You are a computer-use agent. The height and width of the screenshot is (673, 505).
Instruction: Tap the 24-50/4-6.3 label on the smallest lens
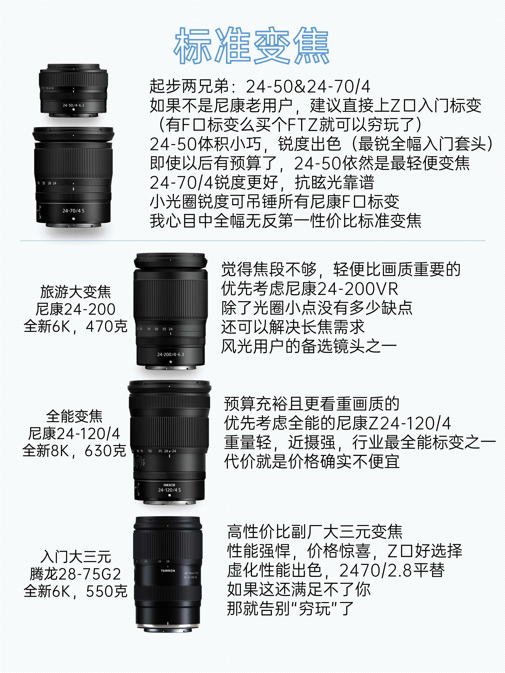(x=73, y=105)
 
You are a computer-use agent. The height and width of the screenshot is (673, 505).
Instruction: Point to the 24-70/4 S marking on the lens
(x=73, y=210)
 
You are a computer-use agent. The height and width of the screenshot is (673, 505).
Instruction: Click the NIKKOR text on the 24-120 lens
(x=169, y=485)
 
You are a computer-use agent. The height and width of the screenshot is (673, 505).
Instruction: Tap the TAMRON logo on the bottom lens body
(x=168, y=571)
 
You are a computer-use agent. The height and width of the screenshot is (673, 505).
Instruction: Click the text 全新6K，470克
(x=75, y=326)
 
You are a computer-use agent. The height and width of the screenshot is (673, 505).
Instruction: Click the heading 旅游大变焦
(x=75, y=292)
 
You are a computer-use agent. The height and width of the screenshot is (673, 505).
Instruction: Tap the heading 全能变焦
(x=74, y=416)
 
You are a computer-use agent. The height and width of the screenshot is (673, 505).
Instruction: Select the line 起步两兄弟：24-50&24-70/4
(x=260, y=86)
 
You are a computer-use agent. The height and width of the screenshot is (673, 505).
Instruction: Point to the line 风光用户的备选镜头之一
(x=309, y=346)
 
